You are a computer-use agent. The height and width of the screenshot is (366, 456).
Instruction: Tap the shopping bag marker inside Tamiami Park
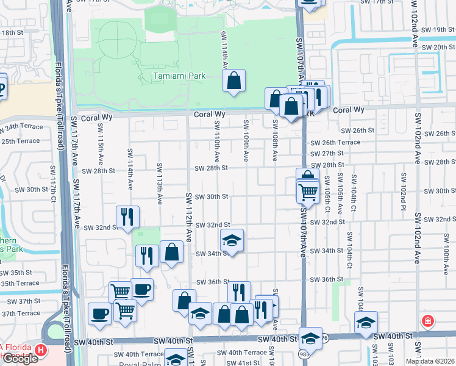pyautogui.click(x=234, y=81)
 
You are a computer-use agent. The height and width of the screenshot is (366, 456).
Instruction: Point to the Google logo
pyautogui.click(x=20, y=359)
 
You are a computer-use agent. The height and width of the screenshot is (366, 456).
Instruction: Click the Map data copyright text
pyautogui.click(x=430, y=361)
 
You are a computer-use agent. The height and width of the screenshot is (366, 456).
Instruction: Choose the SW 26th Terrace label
pyautogui.click(x=335, y=143)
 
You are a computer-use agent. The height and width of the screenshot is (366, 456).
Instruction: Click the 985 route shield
pyautogui.click(x=304, y=353)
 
